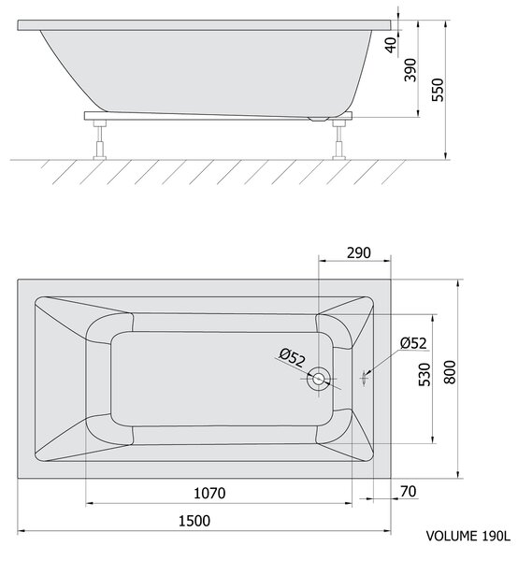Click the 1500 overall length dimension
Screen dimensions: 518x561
[194, 521]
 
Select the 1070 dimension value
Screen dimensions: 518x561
[209, 494]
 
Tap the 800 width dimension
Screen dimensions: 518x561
[451, 372]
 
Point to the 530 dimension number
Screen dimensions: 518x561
[424, 375]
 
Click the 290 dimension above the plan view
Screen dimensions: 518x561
[359, 253]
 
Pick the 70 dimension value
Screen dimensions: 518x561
[409, 492]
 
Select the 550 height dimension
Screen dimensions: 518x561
[438, 90]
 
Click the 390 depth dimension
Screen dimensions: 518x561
[410, 70]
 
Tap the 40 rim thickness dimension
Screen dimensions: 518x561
[392, 45]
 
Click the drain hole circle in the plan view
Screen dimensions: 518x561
[318, 379]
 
